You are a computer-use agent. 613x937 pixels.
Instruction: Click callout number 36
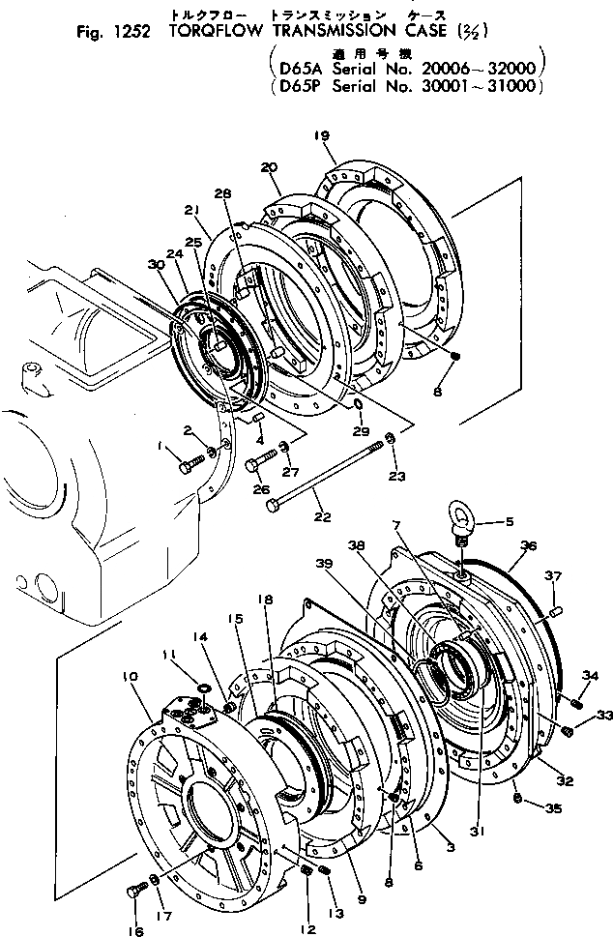pos(527,547)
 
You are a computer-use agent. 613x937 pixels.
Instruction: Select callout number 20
pos(269,167)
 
